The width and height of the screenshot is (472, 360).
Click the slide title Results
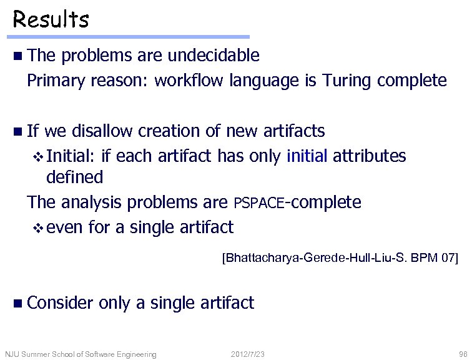(51, 19)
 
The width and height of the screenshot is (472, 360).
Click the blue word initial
(307, 155)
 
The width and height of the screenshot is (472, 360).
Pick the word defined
(74, 177)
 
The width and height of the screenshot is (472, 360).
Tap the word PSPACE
(258, 203)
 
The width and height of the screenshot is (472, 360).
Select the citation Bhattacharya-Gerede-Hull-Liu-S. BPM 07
(340, 257)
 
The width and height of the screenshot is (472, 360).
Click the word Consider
(60, 303)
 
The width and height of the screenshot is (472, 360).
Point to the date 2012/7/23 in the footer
(247, 354)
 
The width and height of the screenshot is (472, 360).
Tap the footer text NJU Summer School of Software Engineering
(81, 354)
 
